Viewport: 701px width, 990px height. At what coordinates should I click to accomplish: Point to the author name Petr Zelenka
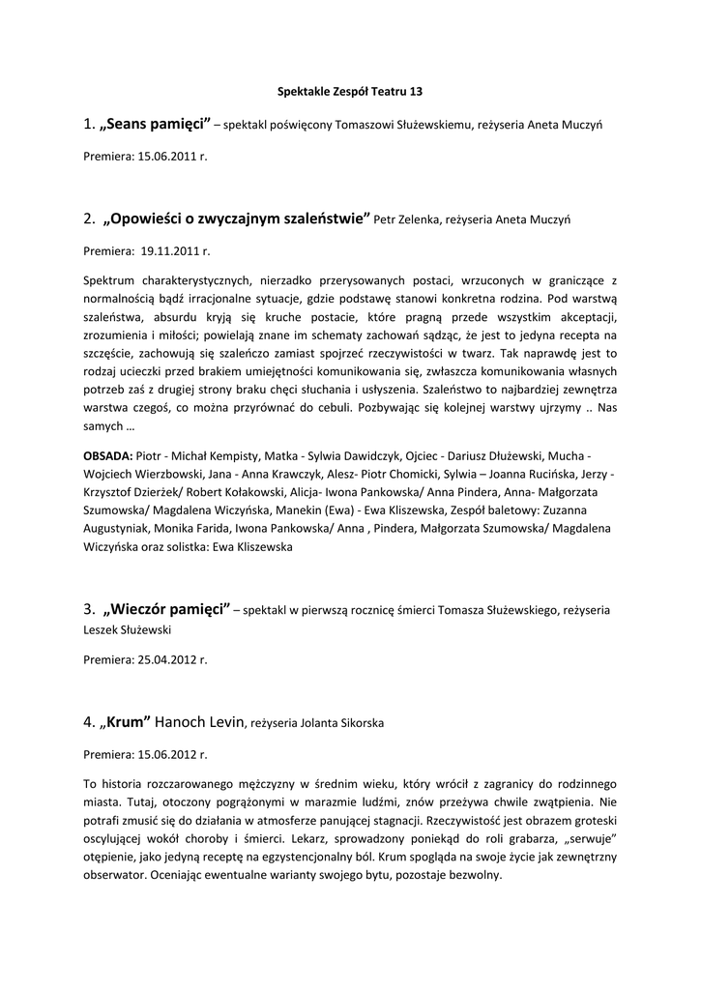407,220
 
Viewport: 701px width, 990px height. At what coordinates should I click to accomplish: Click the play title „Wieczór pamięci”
165,609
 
